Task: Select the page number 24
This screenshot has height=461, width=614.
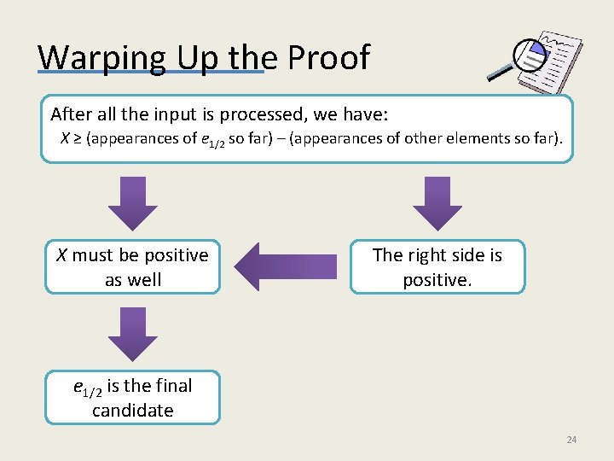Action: [571, 440]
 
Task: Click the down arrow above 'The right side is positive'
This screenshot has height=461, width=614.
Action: [437, 203]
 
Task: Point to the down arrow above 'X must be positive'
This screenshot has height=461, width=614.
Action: [133, 203]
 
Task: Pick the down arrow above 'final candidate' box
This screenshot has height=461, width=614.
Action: [133, 333]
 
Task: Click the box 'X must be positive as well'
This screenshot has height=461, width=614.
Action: [132, 267]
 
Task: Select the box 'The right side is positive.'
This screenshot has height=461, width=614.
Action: [437, 267]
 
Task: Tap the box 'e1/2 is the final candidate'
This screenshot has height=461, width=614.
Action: [132, 398]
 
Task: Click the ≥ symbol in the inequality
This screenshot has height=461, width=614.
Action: [77, 138]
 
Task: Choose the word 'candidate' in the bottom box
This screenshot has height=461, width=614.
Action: [132, 411]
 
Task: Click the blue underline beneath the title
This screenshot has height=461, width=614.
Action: [151, 73]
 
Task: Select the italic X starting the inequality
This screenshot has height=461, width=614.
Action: [65, 138]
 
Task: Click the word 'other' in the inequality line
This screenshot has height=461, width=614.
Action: [423, 138]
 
